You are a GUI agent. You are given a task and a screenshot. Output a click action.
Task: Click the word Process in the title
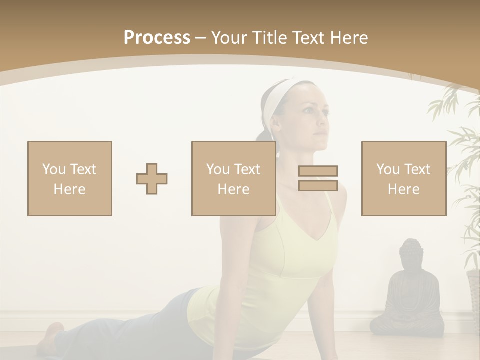(x=157, y=38)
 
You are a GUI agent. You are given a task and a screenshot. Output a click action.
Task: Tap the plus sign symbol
(x=152, y=179)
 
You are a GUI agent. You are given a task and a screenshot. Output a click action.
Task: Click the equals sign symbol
(x=318, y=178)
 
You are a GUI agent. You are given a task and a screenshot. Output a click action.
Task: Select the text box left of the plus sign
(x=70, y=178)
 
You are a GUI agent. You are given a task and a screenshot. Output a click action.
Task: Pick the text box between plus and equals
(x=233, y=178)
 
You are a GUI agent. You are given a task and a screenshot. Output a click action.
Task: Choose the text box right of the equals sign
(x=403, y=178)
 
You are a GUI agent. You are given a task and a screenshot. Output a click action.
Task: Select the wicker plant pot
(x=473, y=295)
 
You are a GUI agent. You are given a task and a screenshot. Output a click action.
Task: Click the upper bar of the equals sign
(x=318, y=171)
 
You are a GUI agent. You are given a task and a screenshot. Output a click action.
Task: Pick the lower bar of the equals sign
(x=318, y=185)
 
